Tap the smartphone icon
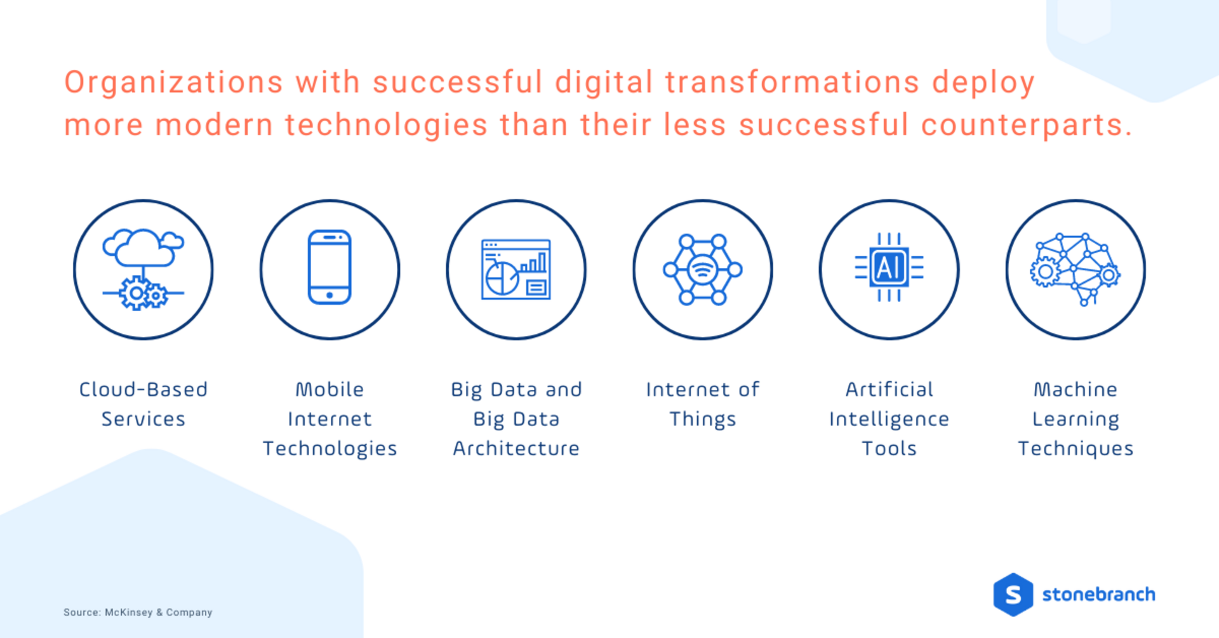pos(330,267)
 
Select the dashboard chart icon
pos(516,269)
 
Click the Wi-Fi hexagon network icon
pos(702,270)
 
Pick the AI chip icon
pos(889,267)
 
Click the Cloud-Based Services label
pos(143,404)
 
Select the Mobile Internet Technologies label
pos(330,418)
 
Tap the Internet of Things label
pos(702,404)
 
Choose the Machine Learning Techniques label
pos(1076,418)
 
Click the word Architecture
pos(516,448)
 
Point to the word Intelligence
pos(889,419)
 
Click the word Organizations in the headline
pos(173,83)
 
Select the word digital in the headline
pos(604,83)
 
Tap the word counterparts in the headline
pos(1027,124)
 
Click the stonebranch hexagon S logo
pos(1013,595)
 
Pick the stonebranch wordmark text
pos(1098,595)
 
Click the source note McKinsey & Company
pos(138,612)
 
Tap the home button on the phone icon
pos(330,295)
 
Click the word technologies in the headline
pos(386,124)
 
